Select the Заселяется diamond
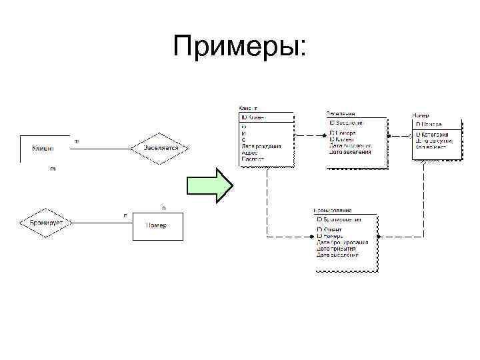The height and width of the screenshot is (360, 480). point(161,147)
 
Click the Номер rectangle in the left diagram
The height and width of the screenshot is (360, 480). point(157,225)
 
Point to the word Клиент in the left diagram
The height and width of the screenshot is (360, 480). point(43,147)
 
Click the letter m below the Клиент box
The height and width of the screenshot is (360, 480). point(53,169)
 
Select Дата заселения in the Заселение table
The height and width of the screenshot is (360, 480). point(350,151)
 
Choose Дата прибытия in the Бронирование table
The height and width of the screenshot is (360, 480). point(337,248)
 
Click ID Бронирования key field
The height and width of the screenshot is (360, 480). point(339,219)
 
